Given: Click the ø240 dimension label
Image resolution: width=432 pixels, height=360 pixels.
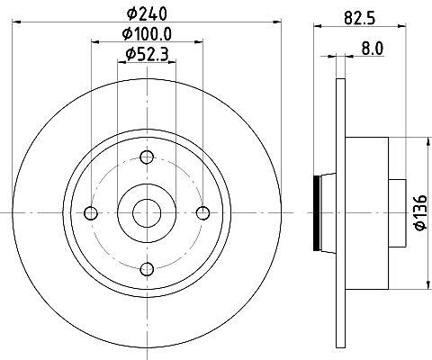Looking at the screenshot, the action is tap(147, 13).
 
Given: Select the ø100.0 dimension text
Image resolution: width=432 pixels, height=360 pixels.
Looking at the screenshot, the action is tap(147, 34).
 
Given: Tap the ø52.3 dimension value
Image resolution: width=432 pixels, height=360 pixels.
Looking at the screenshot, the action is tap(147, 54).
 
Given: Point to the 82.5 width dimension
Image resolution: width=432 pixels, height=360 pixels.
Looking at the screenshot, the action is tap(360, 17).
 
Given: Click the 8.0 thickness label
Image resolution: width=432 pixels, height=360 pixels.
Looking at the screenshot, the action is tap(373, 48).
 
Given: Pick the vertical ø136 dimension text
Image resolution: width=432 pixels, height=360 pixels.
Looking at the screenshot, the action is tap(421, 213).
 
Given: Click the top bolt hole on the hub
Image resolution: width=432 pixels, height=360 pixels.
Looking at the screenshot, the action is tap(147, 157).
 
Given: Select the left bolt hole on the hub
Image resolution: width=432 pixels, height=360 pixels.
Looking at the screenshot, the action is tap(91, 213).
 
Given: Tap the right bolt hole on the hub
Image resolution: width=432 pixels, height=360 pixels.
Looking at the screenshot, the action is tap(202, 213).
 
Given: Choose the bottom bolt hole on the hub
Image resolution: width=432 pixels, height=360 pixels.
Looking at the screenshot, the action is tap(147, 269).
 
